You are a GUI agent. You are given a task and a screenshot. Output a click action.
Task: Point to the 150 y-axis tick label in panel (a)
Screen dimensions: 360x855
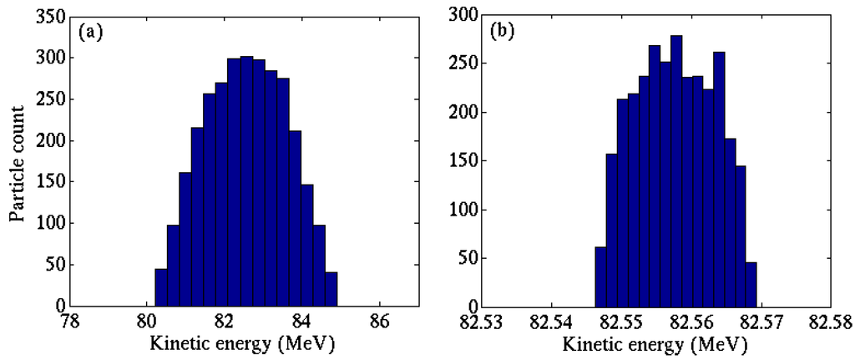point(54,183)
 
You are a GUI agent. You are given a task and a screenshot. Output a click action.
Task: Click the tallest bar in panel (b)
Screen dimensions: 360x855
point(676,171)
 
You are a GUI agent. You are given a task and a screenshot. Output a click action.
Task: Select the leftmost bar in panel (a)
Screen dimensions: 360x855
point(161,288)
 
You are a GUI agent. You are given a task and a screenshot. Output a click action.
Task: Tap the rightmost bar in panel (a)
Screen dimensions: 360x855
point(331,290)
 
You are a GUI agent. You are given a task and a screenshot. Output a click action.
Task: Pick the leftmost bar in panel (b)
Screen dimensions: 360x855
point(600,276)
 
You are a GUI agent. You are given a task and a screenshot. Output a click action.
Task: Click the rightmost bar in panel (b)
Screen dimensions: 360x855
point(751,285)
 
